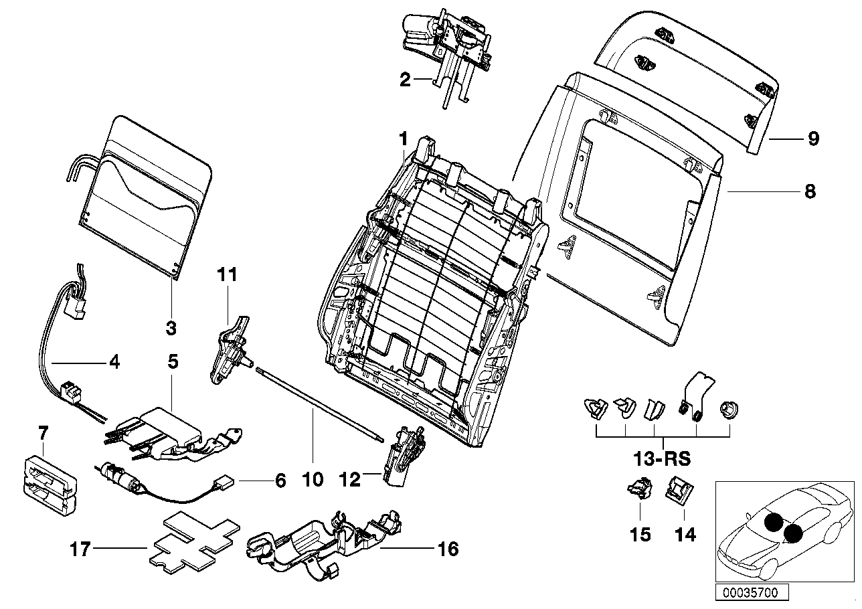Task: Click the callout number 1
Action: click(x=403, y=139)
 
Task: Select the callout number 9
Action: click(x=812, y=139)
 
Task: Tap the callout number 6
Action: click(x=280, y=481)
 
